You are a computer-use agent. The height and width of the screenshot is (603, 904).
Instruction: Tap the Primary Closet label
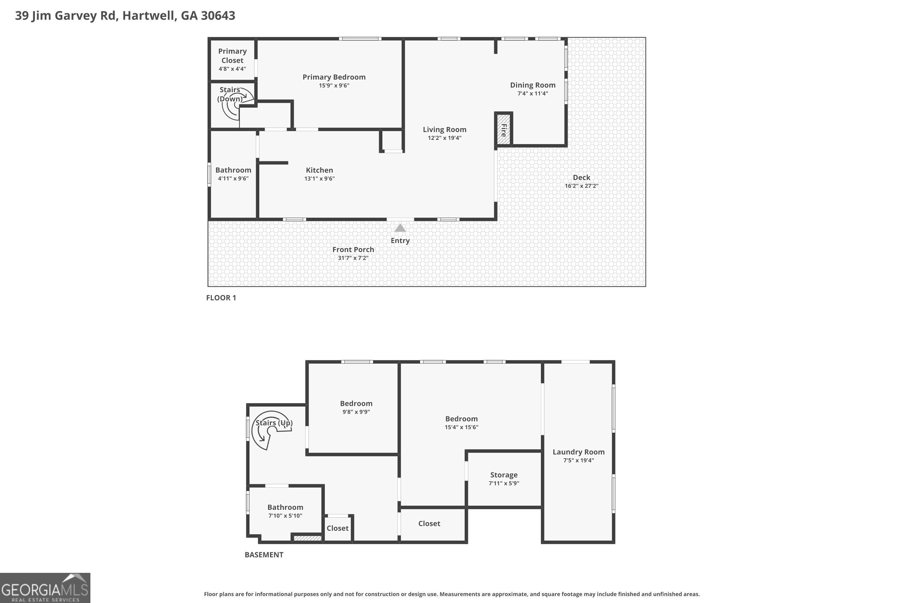[x=232, y=56]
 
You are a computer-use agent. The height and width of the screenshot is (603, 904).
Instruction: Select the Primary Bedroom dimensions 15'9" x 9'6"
[x=334, y=85]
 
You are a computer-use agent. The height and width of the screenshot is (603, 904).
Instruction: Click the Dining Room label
[x=532, y=85]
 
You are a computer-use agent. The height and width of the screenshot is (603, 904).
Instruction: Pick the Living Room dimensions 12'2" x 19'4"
[x=444, y=138]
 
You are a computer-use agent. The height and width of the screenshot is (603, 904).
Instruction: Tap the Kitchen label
[x=319, y=170]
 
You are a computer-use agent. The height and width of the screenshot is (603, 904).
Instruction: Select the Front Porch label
[x=353, y=250]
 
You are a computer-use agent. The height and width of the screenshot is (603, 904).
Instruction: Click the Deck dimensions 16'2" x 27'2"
[x=581, y=186]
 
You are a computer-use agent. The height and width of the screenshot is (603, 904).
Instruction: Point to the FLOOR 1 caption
[x=221, y=298]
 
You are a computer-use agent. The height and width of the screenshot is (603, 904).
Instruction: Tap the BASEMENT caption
[x=264, y=554]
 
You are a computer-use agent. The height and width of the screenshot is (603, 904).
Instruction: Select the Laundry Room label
[x=578, y=452]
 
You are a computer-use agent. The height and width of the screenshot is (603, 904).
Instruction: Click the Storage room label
[x=504, y=475]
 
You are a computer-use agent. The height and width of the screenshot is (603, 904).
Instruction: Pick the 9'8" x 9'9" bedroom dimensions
[x=356, y=412]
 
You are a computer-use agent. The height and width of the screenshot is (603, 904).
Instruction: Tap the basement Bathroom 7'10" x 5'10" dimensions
[x=285, y=516]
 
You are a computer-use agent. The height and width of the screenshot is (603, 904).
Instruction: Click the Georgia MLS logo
[x=45, y=588]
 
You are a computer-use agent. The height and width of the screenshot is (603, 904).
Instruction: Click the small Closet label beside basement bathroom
[x=337, y=528]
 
